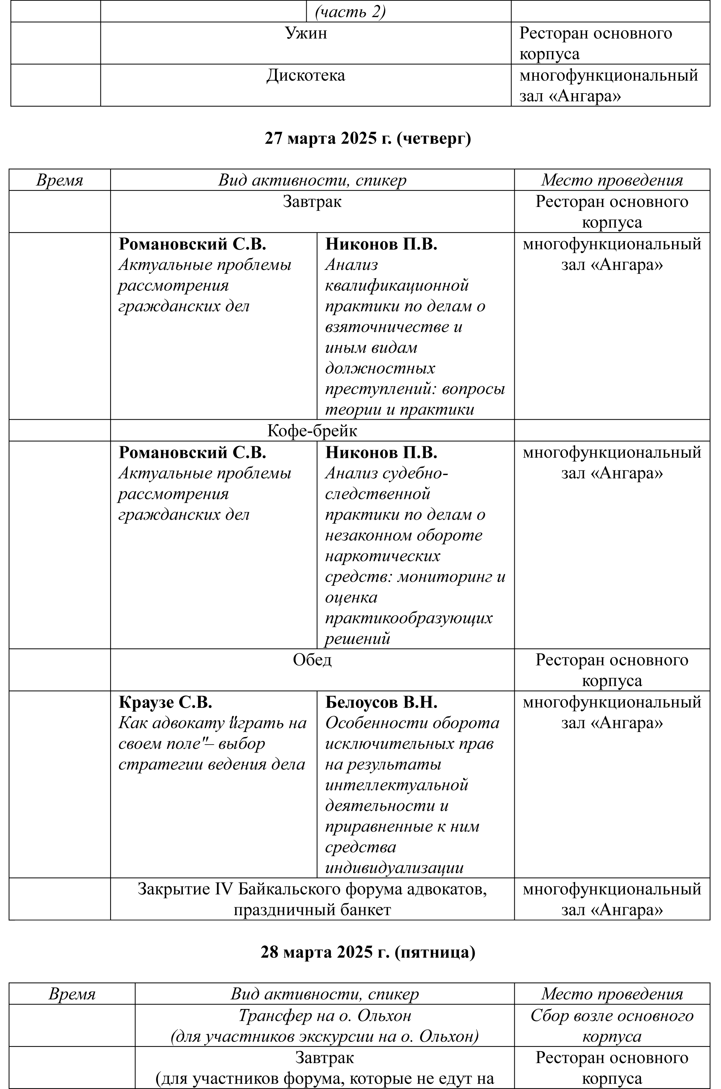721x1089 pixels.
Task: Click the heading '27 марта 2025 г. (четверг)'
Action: (368, 138)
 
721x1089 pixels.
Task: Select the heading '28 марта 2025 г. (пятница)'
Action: (368, 952)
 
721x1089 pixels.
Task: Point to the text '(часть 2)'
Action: (350, 12)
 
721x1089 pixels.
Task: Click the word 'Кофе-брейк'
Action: (312, 431)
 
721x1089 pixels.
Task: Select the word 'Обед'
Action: (312, 660)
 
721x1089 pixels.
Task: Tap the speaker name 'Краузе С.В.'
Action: (166, 702)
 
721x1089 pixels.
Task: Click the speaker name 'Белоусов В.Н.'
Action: (381, 702)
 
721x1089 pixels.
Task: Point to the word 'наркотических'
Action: (383, 556)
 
